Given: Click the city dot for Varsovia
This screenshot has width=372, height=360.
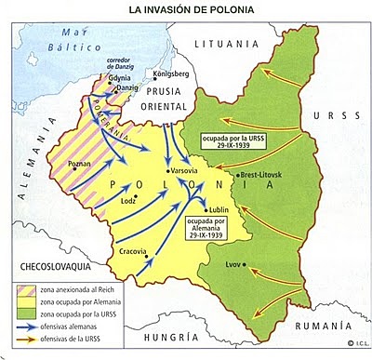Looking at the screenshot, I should pyautogui.click(x=166, y=171).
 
